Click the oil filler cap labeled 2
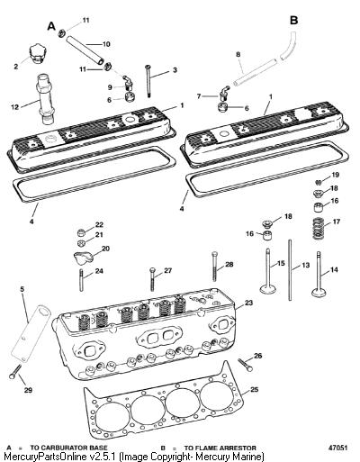[x=39, y=54]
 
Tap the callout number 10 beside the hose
[x=105, y=44]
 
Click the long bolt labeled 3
[x=148, y=80]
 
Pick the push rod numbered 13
[x=290, y=269]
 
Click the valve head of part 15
[x=268, y=290]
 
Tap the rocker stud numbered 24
[x=81, y=280]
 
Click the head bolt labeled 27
[x=152, y=279]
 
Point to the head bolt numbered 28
[x=214, y=266]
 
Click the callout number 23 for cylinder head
[x=248, y=303]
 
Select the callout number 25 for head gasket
[x=254, y=390]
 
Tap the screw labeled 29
[x=15, y=371]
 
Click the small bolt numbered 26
[x=246, y=365]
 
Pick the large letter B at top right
[x=293, y=21]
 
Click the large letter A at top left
[x=51, y=26]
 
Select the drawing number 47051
[x=337, y=448]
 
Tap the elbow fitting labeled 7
[x=223, y=94]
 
